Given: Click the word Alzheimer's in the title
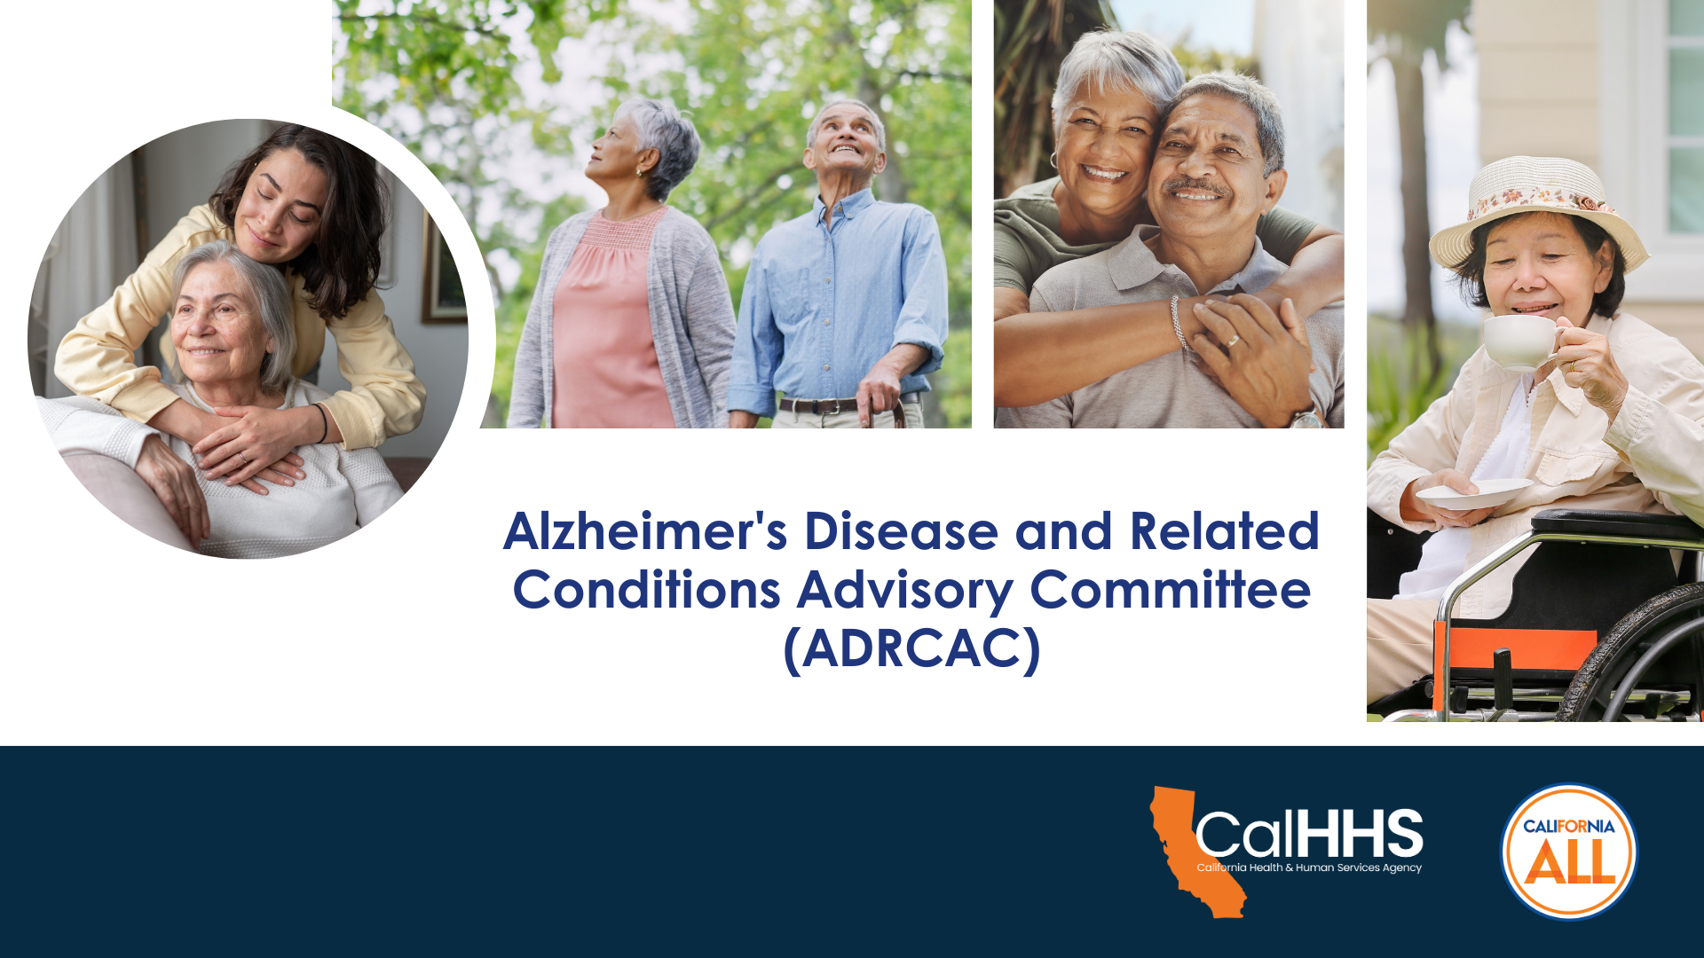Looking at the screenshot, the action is click(x=645, y=531).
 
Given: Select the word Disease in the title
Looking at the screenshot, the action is click(x=901, y=531).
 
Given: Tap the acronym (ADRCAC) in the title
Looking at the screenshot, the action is click(x=911, y=649).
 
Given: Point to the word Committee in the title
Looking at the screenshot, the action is click(x=1170, y=590).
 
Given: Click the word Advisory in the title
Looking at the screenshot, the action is click(x=904, y=592).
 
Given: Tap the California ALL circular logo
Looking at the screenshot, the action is click(x=1569, y=852).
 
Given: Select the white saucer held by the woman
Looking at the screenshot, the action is click(x=1473, y=493).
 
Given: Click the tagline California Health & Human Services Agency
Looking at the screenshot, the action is click(x=1309, y=868).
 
